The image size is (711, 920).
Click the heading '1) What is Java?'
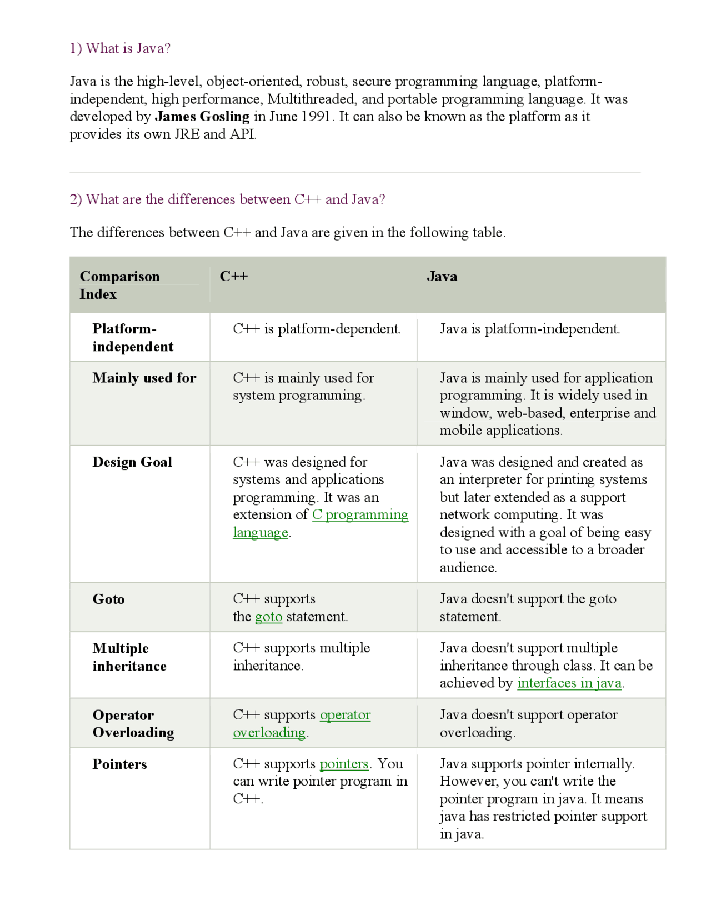click(120, 49)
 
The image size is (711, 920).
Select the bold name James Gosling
click(202, 117)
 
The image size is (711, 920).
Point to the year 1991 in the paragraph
click(316, 117)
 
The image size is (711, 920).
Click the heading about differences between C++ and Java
click(227, 199)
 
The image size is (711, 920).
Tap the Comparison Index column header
click(119, 285)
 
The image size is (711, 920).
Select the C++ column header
click(234, 277)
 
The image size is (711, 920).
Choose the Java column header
click(442, 277)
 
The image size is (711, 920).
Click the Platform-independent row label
click(133, 338)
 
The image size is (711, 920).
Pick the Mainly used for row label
click(144, 378)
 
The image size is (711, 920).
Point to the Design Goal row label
click(132, 462)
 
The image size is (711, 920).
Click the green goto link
click(269, 617)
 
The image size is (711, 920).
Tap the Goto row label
click(109, 599)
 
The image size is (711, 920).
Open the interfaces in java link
click(569, 683)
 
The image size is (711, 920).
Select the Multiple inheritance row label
click(129, 657)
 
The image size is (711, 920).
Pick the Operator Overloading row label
click(133, 724)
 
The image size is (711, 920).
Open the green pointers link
click(344, 764)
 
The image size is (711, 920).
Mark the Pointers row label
click(120, 764)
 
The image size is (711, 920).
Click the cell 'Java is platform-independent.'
click(530, 329)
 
